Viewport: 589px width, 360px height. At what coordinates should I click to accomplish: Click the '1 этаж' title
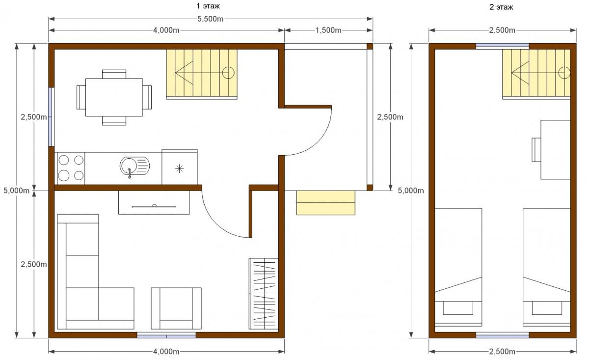pyautogui.click(x=208, y=6)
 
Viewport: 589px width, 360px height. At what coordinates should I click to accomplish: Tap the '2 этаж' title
pyautogui.click(x=501, y=7)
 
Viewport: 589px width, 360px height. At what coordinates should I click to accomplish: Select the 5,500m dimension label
pyautogui.click(x=211, y=19)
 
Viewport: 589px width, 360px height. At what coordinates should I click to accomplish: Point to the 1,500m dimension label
pyautogui.click(x=328, y=30)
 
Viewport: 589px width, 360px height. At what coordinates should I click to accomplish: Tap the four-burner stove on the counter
pyautogui.click(x=71, y=168)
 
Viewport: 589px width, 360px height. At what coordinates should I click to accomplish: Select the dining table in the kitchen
pyautogui.click(x=114, y=97)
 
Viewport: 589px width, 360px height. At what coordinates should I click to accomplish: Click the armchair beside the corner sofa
pyautogui.click(x=176, y=308)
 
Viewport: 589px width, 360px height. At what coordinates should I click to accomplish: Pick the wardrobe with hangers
pyautogui.click(x=264, y=294)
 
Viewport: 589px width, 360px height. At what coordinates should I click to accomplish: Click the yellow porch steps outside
pyautogui.click(x=326, y=203)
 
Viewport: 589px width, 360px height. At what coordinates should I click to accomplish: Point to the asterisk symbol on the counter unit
pyautogui.click(x=179, y=168)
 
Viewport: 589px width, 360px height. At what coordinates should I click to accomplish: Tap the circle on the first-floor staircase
pyautogui.click(x=228, y=73)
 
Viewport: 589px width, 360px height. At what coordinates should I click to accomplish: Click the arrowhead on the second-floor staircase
pyautogui.click(x=520, y=73)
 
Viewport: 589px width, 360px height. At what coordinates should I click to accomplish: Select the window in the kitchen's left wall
pyautogui.click(x=51, y=117)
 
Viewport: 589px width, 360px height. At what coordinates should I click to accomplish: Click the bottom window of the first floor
pyautogui.click(x=166, y=335)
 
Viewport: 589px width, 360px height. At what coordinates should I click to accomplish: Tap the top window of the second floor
pyautogui.click(x=503, y=46)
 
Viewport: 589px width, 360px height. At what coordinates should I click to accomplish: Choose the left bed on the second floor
pyautogui.click(x=458, y=267)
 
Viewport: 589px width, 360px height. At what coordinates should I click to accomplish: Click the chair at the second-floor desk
pyautogui.click(x=536, y=150)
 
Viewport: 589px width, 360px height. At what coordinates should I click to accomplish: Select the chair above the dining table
pyautogui.click(x=114, y=74)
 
